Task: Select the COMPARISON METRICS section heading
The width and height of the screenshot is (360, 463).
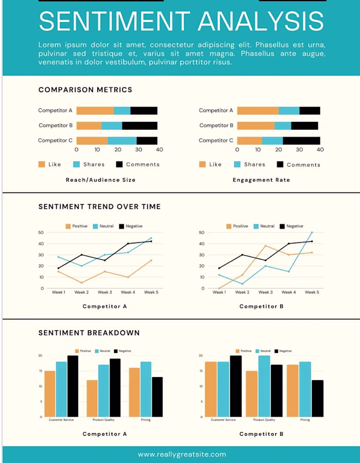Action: (85, 90)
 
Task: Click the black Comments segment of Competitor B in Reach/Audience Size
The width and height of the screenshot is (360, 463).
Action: (140, 126)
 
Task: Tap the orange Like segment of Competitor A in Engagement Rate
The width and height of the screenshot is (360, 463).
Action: (258, 111)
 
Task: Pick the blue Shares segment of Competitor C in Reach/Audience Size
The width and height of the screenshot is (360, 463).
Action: (122, 140)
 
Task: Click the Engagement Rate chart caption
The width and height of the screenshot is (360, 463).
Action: (261, 180)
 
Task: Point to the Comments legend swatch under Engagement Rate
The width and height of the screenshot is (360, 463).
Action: (280, 165)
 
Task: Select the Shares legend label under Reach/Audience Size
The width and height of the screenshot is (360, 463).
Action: (94, 165)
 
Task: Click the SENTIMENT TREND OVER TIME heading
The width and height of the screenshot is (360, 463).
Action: (100, 207)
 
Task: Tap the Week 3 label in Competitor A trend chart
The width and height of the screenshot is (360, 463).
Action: (105, 292)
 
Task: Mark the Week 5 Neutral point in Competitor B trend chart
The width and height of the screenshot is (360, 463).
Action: (311, 233)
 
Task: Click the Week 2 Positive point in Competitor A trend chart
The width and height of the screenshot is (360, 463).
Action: (81, 282)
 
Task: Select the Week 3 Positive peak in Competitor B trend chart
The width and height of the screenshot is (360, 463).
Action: (265, 246)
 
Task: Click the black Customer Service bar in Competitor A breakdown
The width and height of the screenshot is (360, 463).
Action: (73, 386)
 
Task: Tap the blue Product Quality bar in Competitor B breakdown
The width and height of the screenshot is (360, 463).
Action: (265, 386)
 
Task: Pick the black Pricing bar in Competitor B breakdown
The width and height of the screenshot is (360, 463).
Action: (318, 398)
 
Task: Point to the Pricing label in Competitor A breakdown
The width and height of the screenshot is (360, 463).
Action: (146, 420)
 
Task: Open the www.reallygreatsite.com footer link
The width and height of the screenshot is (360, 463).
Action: (182, 454)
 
